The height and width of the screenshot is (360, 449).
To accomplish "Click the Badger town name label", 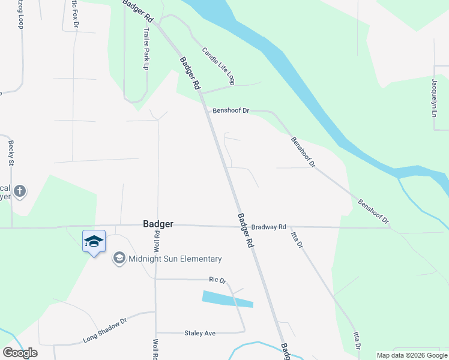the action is click(x=158, y=224).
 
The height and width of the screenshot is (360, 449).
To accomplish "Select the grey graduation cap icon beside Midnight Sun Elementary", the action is click(x=119, y=259).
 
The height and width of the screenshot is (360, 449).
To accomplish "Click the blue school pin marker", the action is click(x=94, y=241).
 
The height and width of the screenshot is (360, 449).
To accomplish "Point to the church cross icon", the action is click(x=20, y=191).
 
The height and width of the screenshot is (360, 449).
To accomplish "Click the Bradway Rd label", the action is click(x=268, y=227).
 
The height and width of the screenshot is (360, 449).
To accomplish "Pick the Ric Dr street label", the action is click(x=217, y=280).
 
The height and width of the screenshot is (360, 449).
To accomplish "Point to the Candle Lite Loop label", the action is click(x=217, y=65).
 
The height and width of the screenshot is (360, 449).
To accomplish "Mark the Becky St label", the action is click(x=11, y=153).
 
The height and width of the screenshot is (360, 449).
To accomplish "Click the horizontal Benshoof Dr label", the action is click(x=231, y=111).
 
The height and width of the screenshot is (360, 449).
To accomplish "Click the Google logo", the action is click(x=20, y=353).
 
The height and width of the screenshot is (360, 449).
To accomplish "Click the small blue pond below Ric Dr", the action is click(x=228, y=299).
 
